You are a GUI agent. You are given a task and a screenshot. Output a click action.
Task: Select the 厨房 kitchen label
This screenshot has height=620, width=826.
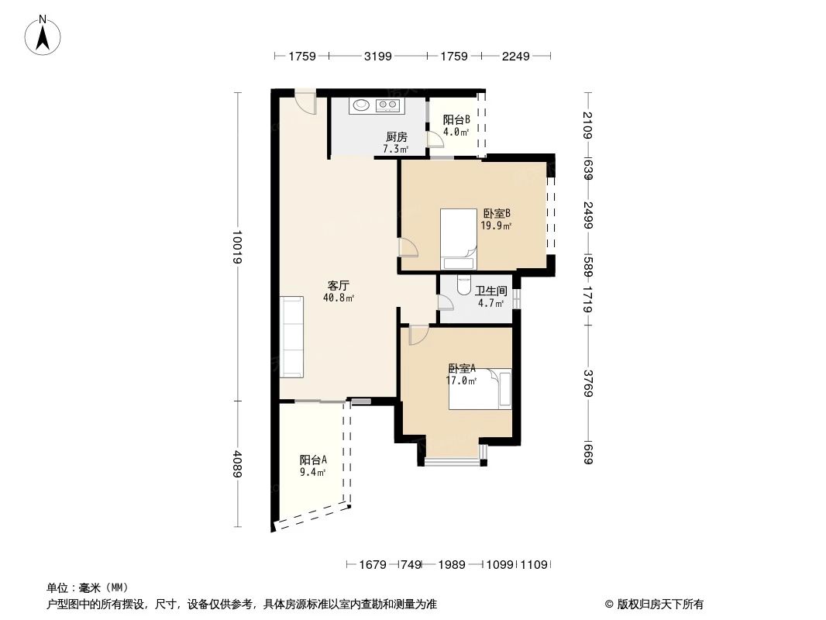click(397, 137)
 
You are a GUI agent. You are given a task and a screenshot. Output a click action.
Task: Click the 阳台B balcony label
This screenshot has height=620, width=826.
click(456, 120)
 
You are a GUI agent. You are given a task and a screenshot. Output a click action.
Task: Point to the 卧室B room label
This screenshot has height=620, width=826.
click(496, 214)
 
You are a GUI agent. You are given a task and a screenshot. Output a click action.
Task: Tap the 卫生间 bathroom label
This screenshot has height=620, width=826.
click(490, 291)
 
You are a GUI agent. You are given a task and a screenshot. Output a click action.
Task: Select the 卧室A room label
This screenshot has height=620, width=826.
click(462, 369)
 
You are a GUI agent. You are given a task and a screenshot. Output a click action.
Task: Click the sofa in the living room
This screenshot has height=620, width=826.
click(292, 336)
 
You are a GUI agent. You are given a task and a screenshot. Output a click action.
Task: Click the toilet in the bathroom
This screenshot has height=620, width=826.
click(464, 285)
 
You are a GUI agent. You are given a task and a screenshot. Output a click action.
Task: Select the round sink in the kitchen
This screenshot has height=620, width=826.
click(361, 105)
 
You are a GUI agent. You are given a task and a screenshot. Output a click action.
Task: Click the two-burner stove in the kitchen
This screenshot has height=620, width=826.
click(387, 105)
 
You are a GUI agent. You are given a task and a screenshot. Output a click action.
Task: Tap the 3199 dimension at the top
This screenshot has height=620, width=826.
click(377, 56)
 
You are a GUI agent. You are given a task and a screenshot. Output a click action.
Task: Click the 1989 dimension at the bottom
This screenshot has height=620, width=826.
click(450, 565)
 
